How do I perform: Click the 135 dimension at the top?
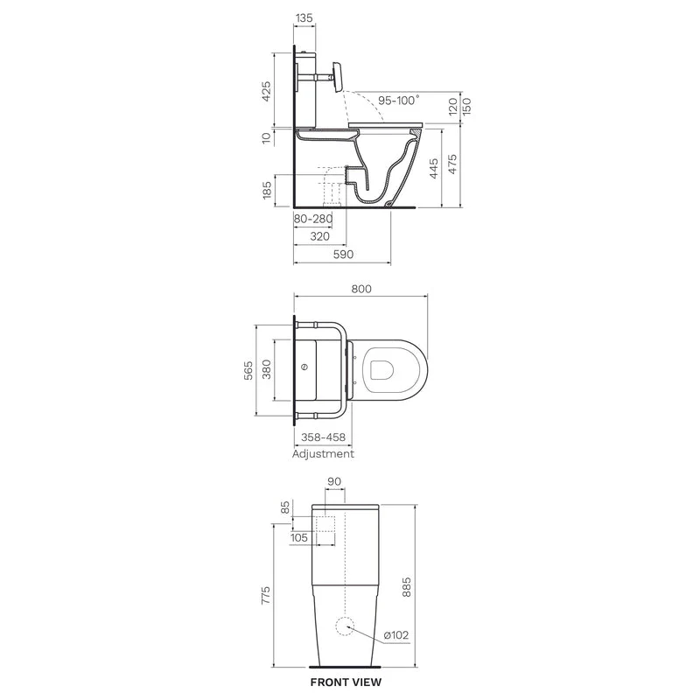[x=304, y=17]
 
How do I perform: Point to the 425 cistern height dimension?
[x=266, y=91]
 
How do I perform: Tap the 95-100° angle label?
[x=399, y=100]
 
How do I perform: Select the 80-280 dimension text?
[x=313, y=219]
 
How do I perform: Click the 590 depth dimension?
[x=343, y=254]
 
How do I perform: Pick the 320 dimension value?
[x=319, y=236]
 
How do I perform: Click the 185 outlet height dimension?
[x=267, y=190]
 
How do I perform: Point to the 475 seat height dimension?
[x=452, y=164]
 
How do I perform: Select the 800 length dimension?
[x=361, y=289]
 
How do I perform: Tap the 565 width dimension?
[x=248, y=370]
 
